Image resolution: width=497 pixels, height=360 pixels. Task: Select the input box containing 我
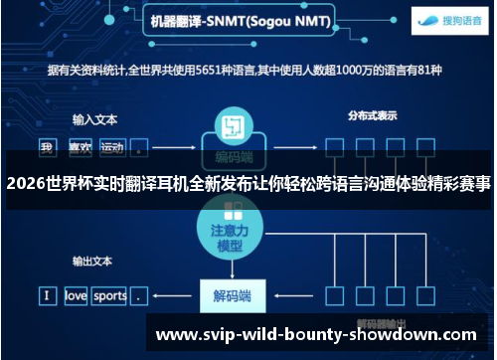tap(46, 148)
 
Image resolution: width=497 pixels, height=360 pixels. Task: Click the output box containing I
tap(46, 295)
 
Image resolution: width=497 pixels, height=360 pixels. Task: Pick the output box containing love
tap(77, 295)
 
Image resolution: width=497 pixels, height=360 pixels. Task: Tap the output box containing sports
tap(110, 295)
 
